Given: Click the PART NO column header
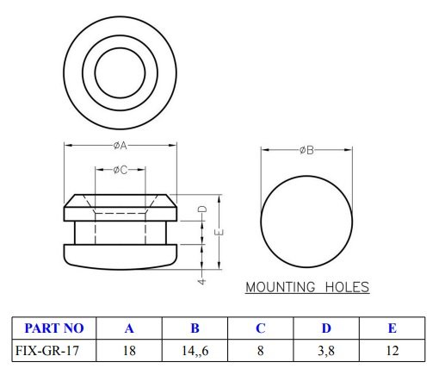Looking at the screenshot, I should point(53,328).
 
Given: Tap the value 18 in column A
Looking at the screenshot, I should point(129,351).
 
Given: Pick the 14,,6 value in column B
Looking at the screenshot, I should point(195,351).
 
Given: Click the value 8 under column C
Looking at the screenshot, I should point(260,351).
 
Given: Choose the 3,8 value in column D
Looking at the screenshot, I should point(326,351).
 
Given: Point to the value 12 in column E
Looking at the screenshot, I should point(392,351).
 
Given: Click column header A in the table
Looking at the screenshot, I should point(129,328).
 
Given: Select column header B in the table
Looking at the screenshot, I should point(195,328).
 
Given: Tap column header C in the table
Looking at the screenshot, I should point(260,328).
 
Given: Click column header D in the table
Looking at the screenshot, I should point(326,328).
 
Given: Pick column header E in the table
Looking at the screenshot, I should point(392,328).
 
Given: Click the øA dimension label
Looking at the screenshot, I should point(121,146).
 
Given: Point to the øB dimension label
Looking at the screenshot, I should point(306,150).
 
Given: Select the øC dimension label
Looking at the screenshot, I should point(121,170).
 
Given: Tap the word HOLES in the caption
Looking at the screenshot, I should point(348,287).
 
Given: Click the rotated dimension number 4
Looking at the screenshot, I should point(201,280).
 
